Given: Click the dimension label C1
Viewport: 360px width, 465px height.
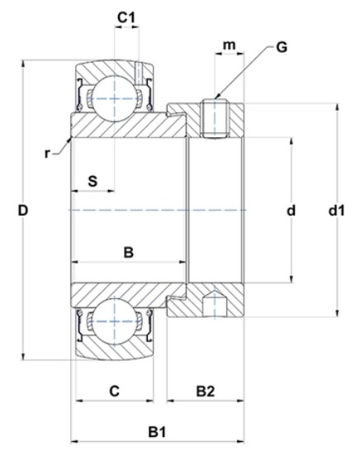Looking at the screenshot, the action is (126, 17).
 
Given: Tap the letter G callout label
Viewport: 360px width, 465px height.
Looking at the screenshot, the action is (282, 47).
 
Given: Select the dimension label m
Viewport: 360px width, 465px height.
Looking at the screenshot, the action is (229, 45).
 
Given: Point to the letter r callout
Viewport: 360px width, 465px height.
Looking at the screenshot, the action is (47, 154).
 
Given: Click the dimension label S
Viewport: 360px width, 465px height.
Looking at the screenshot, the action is (92, 181).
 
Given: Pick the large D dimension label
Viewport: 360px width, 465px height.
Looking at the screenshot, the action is (23, 211).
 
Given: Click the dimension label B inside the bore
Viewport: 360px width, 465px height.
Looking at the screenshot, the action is (129, 253).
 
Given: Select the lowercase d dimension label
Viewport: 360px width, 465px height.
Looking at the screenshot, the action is (291, 211).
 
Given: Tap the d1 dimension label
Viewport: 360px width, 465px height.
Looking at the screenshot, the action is (337, 211).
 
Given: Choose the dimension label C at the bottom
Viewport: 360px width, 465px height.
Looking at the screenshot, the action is (115, 391).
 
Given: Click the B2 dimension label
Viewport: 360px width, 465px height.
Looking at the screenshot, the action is (206, 391).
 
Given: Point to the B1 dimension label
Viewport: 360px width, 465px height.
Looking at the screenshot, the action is (157, 432).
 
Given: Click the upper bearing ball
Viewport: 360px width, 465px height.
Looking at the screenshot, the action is (115, 98).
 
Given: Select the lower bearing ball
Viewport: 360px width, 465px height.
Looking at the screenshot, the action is (115, 321).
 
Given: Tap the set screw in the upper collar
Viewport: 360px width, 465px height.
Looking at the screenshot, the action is (215, 119).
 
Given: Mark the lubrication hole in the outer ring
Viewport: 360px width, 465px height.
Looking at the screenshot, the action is (138, 74).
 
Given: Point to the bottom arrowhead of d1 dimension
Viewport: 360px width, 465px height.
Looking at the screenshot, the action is (337, 314).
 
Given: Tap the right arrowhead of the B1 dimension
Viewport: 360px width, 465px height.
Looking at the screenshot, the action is (240, 441).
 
